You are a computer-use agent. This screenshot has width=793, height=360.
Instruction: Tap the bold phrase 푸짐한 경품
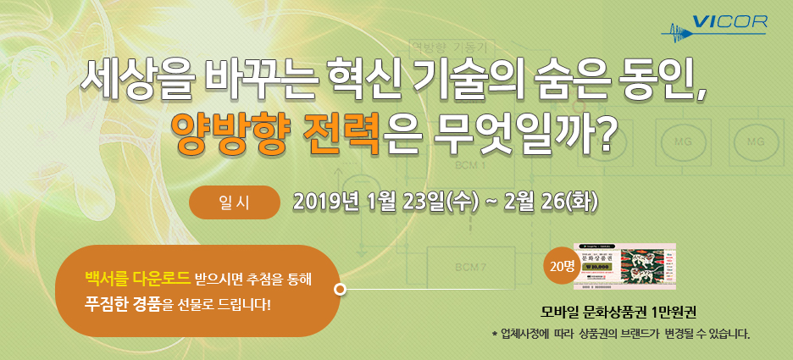coord(122,302)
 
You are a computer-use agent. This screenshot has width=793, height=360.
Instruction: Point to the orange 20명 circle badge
coord(562,266)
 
